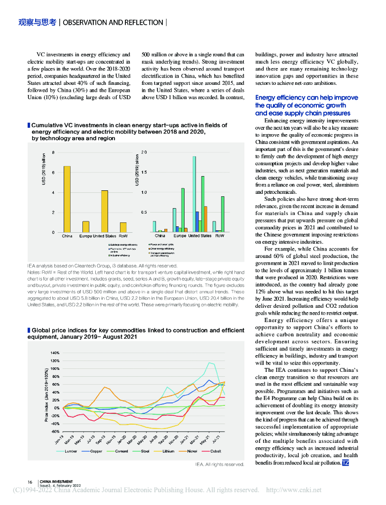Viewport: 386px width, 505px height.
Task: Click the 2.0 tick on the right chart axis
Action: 143,152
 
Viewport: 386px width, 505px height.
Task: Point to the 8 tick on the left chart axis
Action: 54,152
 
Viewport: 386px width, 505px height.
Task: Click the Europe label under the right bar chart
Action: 180,236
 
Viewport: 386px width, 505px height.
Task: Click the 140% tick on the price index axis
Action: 54,353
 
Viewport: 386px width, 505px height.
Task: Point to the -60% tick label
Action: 54,432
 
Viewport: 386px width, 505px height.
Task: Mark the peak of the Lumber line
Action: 211,362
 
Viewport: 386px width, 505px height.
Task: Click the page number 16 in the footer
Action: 30,482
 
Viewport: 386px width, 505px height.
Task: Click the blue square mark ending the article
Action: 346,463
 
